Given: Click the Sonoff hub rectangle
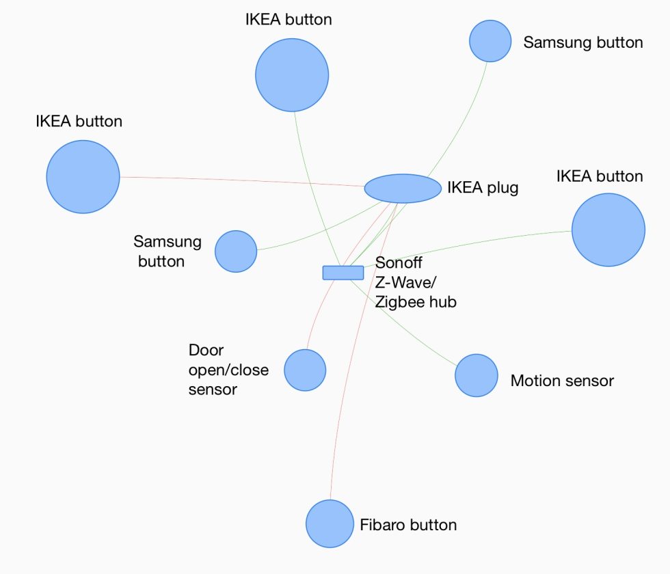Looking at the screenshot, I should [343, 273].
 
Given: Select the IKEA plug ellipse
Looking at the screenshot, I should [403, 188].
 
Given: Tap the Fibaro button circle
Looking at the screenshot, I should [329, 524].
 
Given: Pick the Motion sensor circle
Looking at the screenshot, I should [477, 375].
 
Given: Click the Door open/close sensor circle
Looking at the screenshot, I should [305, 370].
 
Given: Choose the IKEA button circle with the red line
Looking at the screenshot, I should [83, 177].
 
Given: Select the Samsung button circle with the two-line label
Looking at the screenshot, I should [236, 251].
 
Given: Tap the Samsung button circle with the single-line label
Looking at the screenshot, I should [490, 41].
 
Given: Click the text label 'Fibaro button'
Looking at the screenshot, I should [408, 525].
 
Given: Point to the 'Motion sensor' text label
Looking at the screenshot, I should [562, 381].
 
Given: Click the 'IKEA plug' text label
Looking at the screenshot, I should [483, 187].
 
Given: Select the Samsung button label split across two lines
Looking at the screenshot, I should [167, 251].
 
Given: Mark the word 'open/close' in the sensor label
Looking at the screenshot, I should [228, 370].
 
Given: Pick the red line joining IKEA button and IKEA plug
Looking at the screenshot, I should [239, 180].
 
